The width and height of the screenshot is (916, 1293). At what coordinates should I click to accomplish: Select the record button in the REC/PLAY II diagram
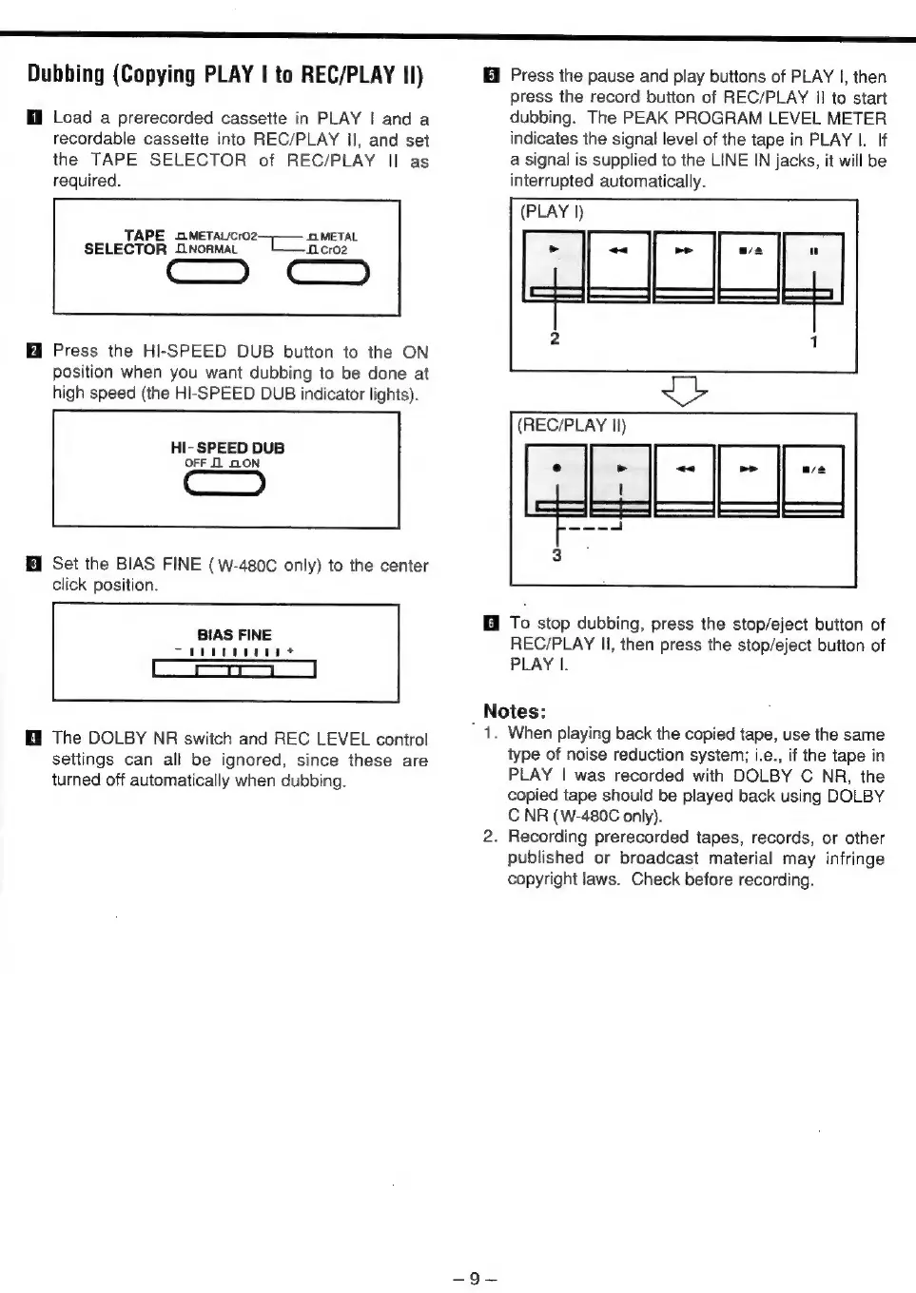tap(555, 479)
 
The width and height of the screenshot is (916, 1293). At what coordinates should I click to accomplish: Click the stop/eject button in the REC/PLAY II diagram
tap(813, 479)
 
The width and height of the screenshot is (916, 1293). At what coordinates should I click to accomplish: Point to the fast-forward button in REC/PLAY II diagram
tap(749, 479)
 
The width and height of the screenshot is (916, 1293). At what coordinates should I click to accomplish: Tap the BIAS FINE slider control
tap(234, 670)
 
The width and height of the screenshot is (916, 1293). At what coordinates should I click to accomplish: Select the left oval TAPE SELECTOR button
tap(207, 274)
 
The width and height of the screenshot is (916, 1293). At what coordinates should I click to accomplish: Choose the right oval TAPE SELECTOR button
tap(327, 274)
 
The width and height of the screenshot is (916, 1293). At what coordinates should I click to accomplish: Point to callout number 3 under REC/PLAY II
tap(556, 555)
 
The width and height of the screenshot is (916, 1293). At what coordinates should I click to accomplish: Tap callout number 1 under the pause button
tap(814, 341)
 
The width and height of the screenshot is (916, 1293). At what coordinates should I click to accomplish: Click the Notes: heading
tap(515, 711)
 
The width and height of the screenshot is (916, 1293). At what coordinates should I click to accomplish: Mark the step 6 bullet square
tap(491, 625)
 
